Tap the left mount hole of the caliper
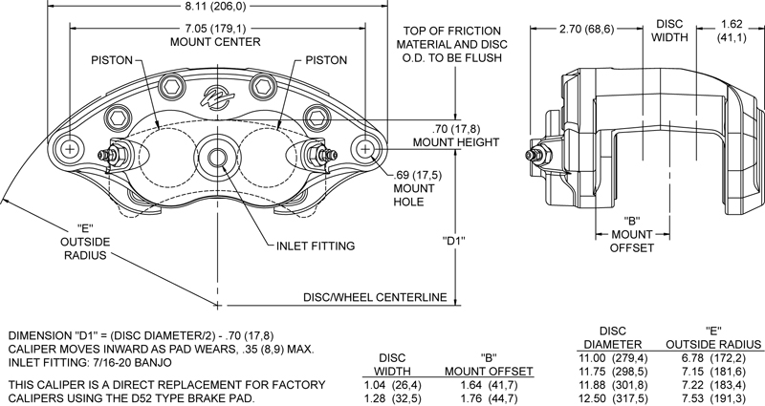pyautogui.click(x=70, y=150)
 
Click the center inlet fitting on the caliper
pyautogui.click(x=218, y=156)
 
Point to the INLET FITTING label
pyautogui.click(x=316, y=246)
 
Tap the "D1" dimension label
pyautogui.click(x=453, y=241)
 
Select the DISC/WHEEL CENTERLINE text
pyautogui.click(x=375, y=297)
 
